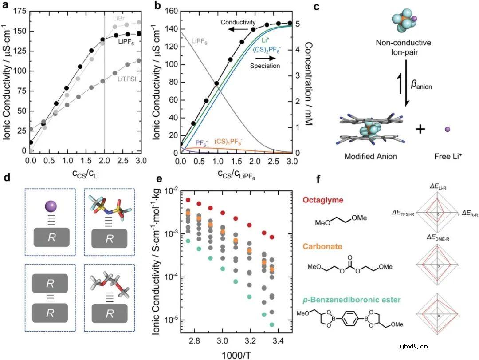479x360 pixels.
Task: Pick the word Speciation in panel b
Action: pos(264,66)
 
